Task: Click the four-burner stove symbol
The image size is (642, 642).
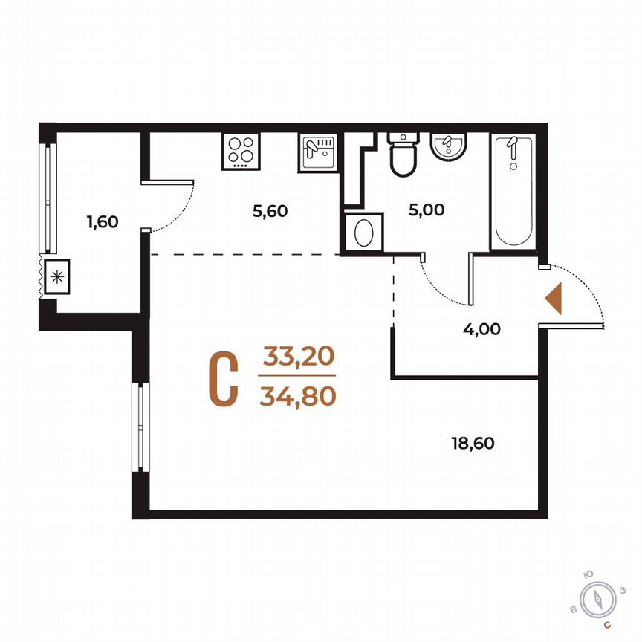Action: [x=240, y=152]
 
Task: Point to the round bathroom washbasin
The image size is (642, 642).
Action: [x=448, y=145]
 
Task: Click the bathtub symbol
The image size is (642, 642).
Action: [x=512, y=192]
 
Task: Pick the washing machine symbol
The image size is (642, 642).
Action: [x=363, y=233]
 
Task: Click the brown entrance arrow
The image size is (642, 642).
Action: [x=554, y=299]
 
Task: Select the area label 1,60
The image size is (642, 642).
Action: [x=103, y=221]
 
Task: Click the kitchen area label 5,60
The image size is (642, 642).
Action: [x=270, y=211]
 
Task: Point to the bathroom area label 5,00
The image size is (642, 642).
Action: [x=427, y=210]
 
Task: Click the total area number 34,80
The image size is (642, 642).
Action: [x=298, y=396]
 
